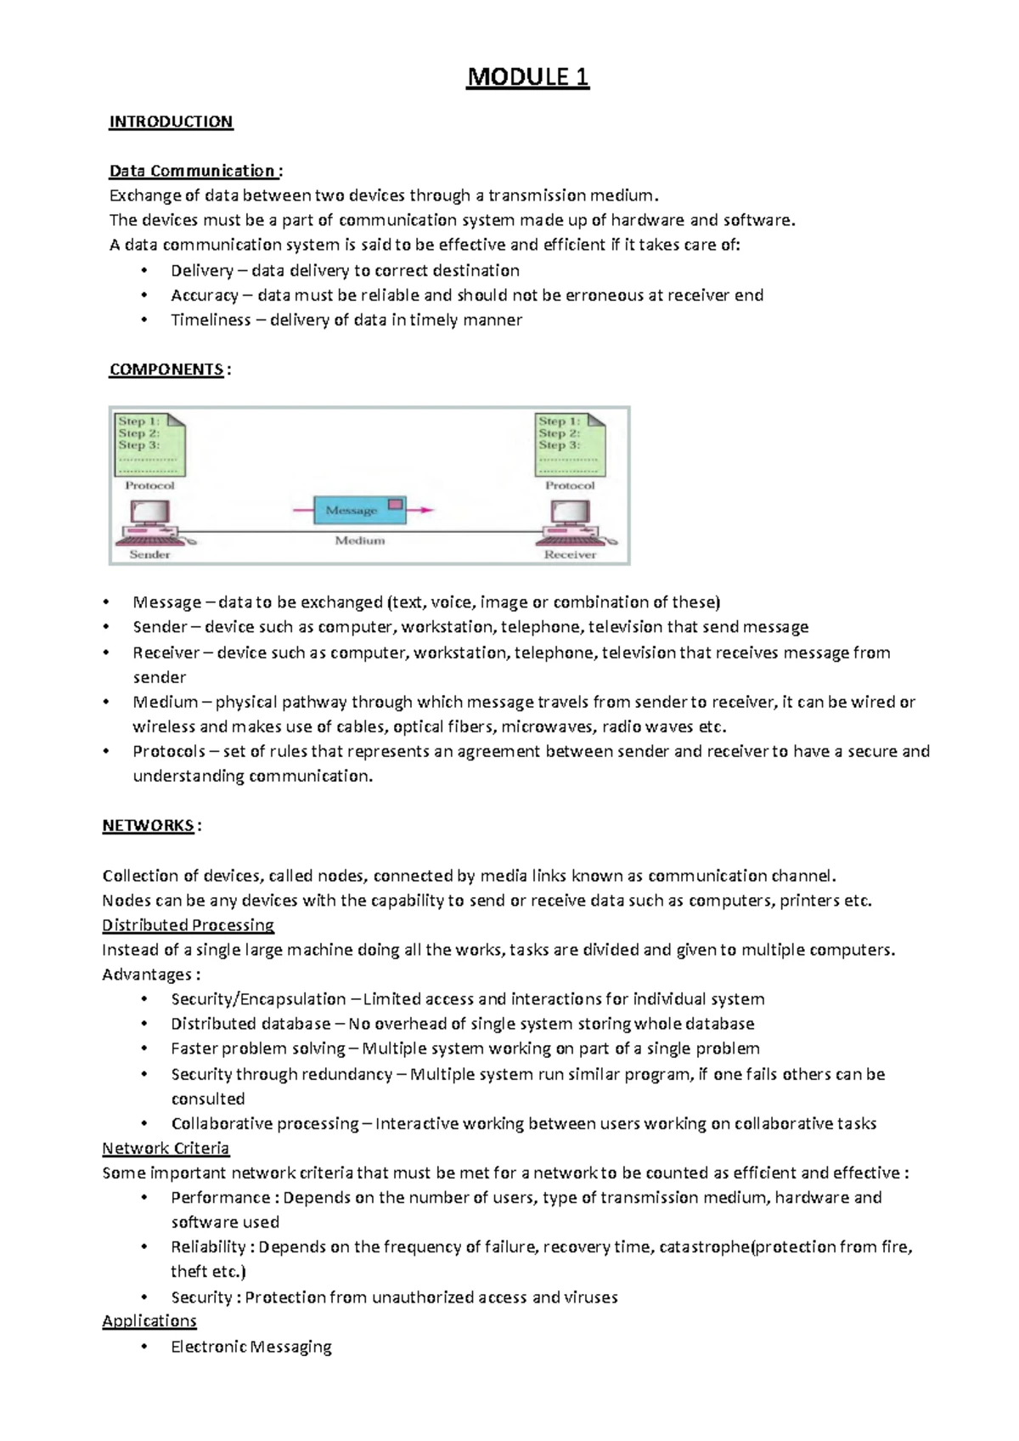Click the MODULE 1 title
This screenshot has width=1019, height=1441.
(527, 77)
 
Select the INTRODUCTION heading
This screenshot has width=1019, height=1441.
(171, 121)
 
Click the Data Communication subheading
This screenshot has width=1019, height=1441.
(193, 171)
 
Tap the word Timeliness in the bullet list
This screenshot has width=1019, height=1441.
(211, 320)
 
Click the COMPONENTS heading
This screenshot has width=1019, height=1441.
(166, 370)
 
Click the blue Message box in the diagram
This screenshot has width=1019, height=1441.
(359, 510)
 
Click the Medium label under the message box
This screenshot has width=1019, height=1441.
(359, 540)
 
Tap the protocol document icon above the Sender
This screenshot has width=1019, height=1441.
(150, 444)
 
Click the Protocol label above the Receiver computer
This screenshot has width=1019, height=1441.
(570, 486)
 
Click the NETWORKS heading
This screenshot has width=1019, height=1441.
(148, 826)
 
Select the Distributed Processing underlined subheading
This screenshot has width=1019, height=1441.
(188, 925)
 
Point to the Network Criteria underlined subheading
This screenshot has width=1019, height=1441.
(166, 1149)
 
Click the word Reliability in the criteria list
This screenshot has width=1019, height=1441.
(208, 1247)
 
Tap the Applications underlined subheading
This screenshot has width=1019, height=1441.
(149, 1321)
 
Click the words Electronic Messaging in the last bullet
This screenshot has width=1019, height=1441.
(251, 1347)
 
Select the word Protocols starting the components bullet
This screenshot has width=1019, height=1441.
(169, 752)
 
